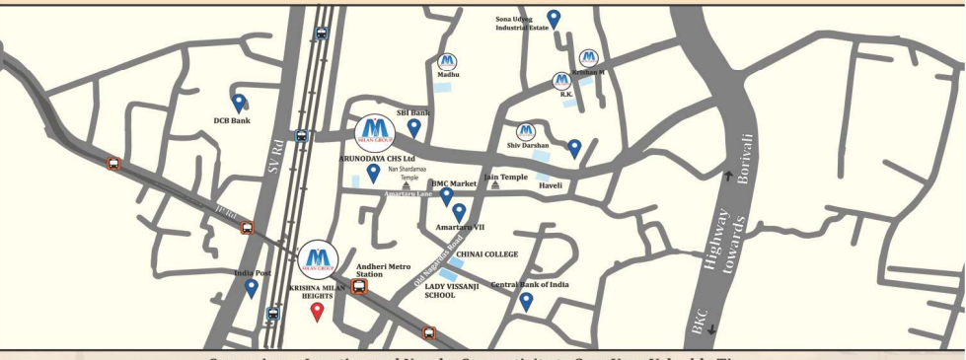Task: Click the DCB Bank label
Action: (233, 121)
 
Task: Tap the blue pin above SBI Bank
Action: (414, 127)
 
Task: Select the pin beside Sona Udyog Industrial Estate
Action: (554, 18)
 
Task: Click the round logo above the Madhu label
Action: (447, 61)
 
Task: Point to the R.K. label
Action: (566, 95)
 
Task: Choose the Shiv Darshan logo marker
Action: (526, 131)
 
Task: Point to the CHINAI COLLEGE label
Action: (487, 253)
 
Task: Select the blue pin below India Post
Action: (252, 288)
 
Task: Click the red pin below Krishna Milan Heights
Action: (317, 312)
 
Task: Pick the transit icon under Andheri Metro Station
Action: (359, 287)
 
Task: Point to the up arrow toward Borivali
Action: (729, 177)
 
